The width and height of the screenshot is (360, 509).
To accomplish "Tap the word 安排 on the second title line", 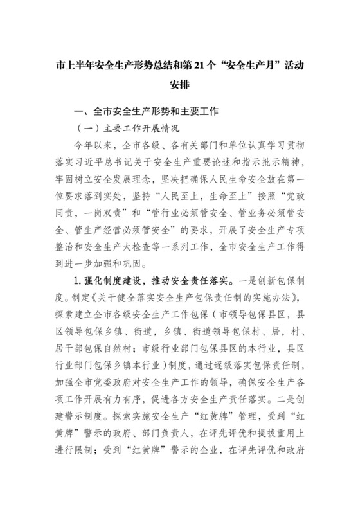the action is pos(179,85).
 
